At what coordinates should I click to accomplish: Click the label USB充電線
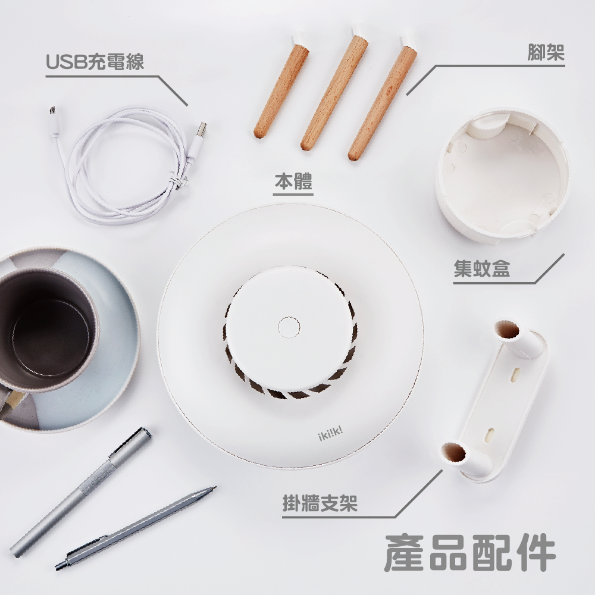point(95,61)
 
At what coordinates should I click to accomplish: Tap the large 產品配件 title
point(470,554)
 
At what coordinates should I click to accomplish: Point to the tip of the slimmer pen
point(211,489)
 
